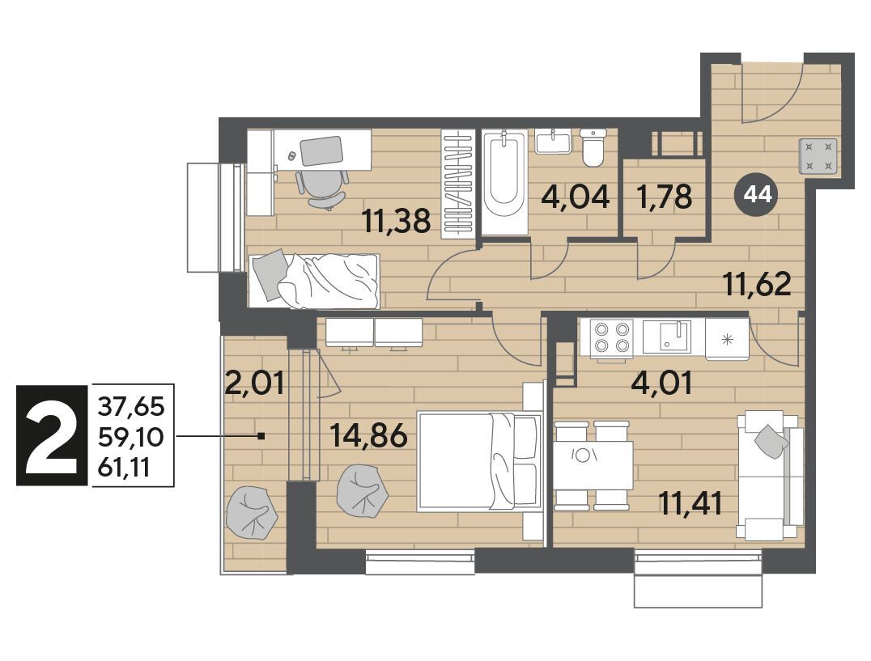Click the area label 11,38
click(396, 220)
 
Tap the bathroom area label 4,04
click(576, 197)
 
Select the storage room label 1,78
click(665, 197)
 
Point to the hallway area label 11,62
click(758, 284)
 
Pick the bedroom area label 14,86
click(369, 434)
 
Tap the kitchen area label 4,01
click(661, 383)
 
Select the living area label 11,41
click(690, 504)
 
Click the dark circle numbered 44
click(758, 194)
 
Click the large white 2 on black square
click(52, 435)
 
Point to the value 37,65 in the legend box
click(132, 407)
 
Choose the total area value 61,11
click(124, 468)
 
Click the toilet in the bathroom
click(593, 147)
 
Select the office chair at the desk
click(322, 189)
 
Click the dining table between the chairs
click(593, 465)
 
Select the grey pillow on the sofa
click(771, 441)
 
